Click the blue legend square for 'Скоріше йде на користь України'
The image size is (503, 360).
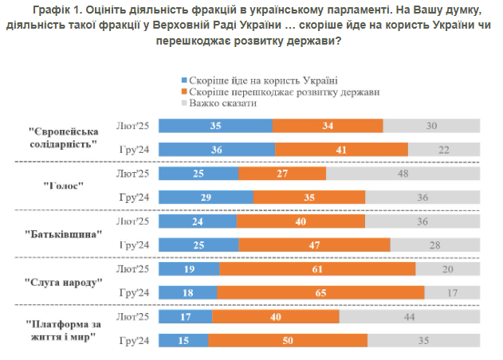(183, 80)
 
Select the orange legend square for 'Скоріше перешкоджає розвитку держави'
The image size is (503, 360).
(183, 92)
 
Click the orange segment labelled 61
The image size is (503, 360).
(317, 269)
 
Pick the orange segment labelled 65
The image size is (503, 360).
(320, 293)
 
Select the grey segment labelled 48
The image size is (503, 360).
(403, 173)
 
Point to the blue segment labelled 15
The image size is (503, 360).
(183, 341)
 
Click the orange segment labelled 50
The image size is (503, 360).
(288, 341)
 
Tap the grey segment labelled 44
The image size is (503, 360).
(410, 317)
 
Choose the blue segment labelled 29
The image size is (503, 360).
(206, 197)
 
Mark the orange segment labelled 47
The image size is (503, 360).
(315, 245)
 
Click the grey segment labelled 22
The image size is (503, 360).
(444, 149)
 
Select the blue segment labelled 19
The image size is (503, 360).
(190, 269)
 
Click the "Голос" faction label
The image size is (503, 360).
(68, 186)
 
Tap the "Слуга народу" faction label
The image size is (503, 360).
(68, 283)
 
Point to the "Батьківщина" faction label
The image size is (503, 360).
(68, 234)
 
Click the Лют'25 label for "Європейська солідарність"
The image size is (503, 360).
(133, 125)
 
